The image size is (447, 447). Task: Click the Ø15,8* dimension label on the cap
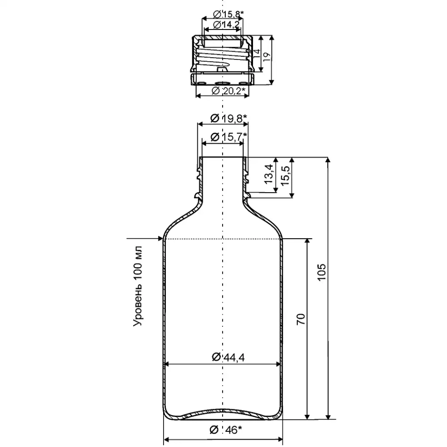point(229,14)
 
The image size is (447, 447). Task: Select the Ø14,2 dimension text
point(226,25)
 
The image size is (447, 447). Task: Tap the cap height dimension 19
point(266,56)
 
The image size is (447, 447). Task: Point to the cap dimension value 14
point(257,53)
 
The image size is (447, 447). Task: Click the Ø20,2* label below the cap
point(229,91)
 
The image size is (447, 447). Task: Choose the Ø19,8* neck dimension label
point(229,118)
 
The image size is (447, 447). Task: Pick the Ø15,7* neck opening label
point(229,137)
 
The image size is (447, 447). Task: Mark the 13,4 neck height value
point(269,174)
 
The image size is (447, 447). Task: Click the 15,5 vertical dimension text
point(285,176)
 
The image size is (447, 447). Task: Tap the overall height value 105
point(322,272)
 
